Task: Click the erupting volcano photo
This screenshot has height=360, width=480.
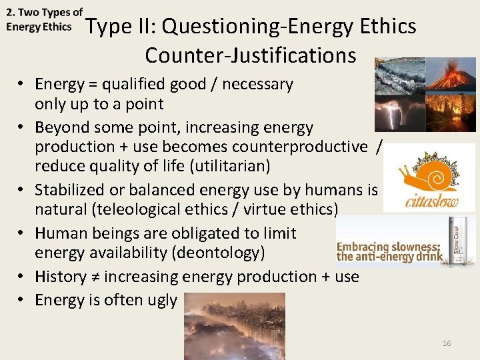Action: (x=451, y=74)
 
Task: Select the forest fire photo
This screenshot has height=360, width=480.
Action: (x=451, y=113)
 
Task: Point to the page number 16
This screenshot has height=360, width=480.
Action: (x=447, y=343)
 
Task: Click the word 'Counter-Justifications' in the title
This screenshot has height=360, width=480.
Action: (x=250, y=55)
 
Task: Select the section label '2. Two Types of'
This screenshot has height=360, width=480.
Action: (x=44, y=13)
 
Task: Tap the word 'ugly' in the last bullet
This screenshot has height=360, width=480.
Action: (x=162, y=300)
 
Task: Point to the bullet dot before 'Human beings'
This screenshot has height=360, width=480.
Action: (x=22, y=233)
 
